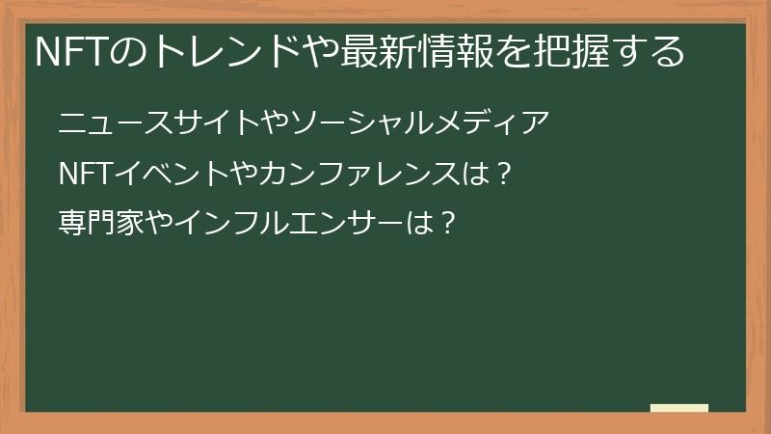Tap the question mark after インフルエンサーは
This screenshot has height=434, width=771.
[446, 224]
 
